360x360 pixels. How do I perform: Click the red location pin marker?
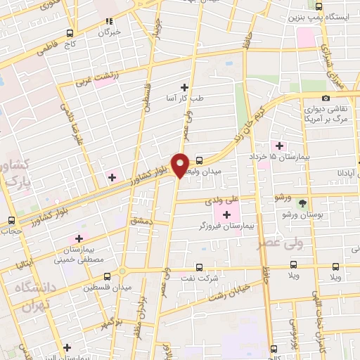(181, 165)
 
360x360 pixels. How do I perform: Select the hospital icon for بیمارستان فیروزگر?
(226, 214)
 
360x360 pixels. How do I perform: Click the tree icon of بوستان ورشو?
(303, 202)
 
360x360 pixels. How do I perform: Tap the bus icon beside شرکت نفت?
(199, 267)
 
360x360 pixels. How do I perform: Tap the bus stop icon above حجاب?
(11, 220)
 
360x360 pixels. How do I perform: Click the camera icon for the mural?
(326, 98)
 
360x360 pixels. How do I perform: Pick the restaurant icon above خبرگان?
(108, 22)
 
